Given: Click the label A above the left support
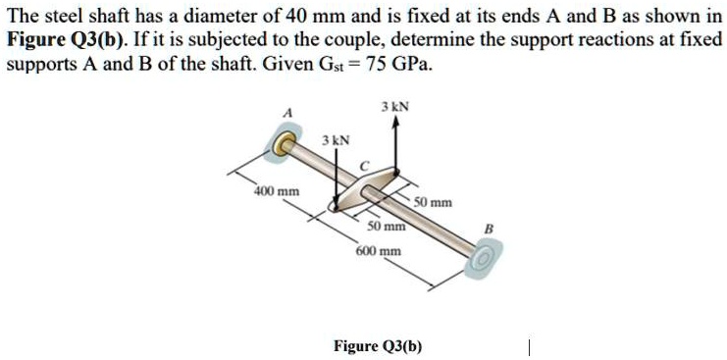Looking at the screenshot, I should coord(286,113).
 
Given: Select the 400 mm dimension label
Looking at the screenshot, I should coord(278,189).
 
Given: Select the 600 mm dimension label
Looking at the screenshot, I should coord(379,250).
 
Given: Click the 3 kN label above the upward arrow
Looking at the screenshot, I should coord(395,106).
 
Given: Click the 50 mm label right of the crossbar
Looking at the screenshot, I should coord(433,203).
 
